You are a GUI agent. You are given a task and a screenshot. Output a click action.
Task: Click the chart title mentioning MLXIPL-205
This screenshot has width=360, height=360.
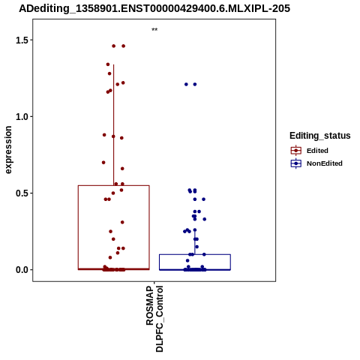[154, 9]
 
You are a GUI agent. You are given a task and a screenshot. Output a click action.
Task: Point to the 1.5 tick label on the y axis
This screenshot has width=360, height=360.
[22, 40]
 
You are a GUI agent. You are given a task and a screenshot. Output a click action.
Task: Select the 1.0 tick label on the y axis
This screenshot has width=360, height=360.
[22, 117]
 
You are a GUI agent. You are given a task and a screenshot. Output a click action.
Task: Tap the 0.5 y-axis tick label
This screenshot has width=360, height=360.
[22, 193]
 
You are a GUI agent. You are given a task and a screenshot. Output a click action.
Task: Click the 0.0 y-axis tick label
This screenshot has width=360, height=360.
[22, 270]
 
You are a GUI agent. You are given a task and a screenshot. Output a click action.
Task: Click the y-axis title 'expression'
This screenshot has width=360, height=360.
[8, 150]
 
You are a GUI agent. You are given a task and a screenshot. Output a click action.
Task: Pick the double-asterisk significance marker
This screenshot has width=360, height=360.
[154, 30]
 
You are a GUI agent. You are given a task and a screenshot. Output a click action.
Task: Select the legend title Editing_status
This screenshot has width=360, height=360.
[320, 136]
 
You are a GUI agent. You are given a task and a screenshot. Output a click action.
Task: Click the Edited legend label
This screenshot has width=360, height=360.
[317, 151]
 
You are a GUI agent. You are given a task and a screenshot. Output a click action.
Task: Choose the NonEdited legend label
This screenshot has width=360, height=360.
[325, 163]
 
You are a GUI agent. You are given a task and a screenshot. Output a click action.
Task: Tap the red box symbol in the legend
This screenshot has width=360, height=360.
[296, 151]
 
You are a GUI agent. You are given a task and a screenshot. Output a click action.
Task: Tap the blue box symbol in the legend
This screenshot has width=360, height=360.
[296, 163]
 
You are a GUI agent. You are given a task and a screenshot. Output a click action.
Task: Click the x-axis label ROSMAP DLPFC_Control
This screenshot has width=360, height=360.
[154, 319]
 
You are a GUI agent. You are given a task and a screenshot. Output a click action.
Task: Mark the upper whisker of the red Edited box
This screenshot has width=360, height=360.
[114, 125]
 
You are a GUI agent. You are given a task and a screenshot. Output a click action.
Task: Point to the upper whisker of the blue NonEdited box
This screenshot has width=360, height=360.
[195, 242]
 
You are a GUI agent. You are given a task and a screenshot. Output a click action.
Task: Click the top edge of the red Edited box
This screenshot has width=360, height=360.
[114, 185]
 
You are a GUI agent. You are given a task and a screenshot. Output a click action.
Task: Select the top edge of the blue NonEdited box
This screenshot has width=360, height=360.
[195, 254]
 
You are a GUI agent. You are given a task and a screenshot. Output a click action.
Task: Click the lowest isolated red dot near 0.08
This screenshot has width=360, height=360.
[110, 257]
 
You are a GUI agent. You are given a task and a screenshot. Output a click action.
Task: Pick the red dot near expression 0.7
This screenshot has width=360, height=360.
[103, 163]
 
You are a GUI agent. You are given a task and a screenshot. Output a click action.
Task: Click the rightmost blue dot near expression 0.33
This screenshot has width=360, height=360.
[205, 219]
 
